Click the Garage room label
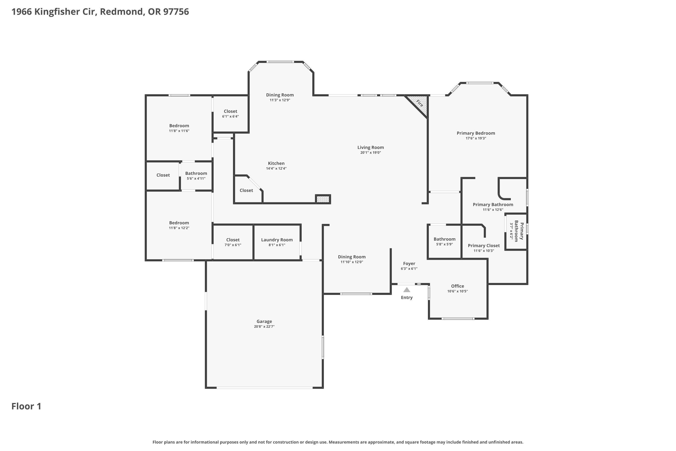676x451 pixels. point(264,321)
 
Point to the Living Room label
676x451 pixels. point(370,147)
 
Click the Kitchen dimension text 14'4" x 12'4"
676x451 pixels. point(276,168)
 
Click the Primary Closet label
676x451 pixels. point(484,246)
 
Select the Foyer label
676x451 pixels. point(409,263)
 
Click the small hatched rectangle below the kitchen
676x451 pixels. point(323,199)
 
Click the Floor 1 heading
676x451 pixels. point(26,406)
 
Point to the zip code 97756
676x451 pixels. point(176,12)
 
